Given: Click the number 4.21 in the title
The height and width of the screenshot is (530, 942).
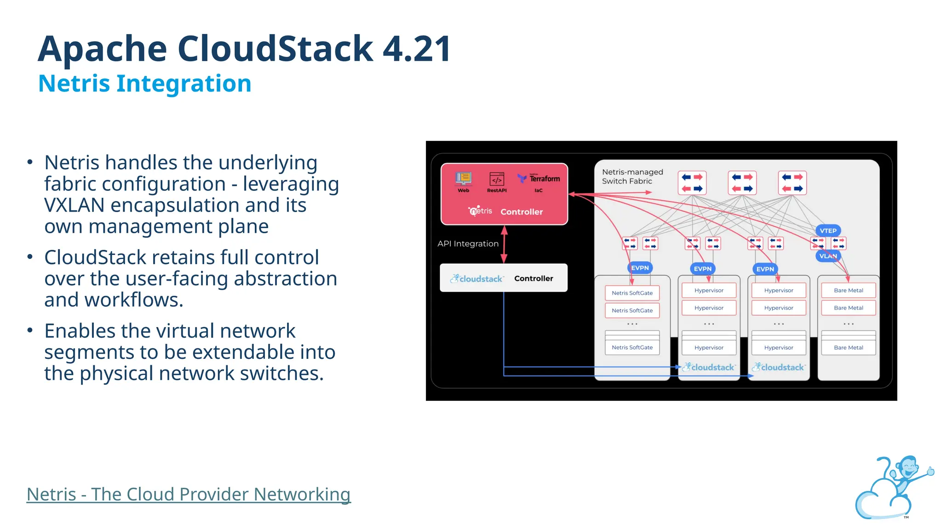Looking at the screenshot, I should pos(416,49).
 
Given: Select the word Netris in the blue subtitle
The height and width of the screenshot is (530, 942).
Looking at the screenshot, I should pos(74,84).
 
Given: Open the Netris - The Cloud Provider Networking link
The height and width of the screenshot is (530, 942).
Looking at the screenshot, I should pos(189,494).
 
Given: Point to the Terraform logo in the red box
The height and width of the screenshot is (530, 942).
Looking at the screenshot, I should pos(539,179).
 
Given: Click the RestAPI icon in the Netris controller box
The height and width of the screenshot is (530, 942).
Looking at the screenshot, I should pos(497,179).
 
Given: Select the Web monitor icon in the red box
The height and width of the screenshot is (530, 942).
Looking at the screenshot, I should pos(463,179).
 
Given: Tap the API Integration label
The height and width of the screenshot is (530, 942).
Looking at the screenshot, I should pos(468,244).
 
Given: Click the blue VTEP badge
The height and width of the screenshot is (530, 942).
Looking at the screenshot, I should pos(828,230).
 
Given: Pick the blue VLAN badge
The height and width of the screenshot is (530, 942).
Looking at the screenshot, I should pos(828,256).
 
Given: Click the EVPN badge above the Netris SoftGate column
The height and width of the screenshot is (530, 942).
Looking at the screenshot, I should pos(640,268).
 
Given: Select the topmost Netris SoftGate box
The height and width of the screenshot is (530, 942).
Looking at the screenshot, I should pos(632,293).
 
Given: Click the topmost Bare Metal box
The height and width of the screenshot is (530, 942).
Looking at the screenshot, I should pos(848,290).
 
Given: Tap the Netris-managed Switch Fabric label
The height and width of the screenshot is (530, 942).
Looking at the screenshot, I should pos(632,176).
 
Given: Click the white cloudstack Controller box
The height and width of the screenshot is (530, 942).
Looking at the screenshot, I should pos(503,278).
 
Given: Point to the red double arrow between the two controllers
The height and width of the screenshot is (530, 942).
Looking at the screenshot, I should pos(504,244).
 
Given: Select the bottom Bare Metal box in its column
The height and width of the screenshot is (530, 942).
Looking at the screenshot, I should pos(848,347).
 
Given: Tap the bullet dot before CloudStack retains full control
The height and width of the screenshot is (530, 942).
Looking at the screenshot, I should pos(30,257).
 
